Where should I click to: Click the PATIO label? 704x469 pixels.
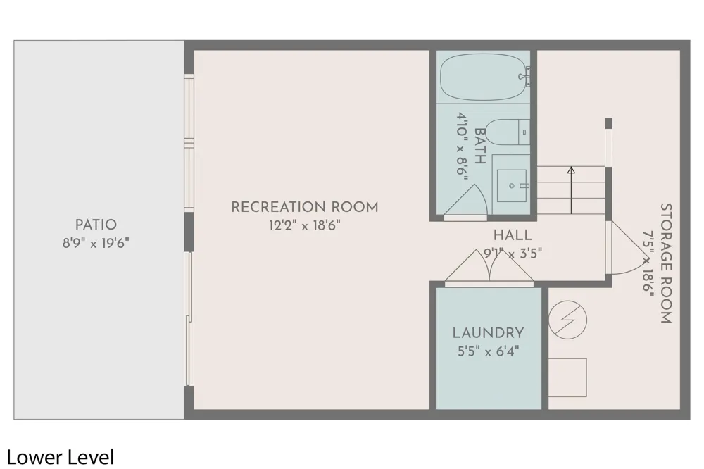(x=96, y=225)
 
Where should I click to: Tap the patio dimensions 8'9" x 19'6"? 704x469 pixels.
(x=96, y=244)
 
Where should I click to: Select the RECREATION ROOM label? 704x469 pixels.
(x=304, y=207)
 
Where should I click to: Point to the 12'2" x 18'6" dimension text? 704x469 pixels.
(x=304, y=225)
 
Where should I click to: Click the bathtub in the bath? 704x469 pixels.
(x=483, y=77)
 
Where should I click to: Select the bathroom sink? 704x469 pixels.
(x=511, y=185)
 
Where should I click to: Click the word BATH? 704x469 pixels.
(x=480, y=146)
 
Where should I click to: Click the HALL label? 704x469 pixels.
(x=513, y=235)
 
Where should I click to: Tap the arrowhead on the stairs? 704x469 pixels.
(x=571, y=170)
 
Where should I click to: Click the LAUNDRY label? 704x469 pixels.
(x=488, y=333)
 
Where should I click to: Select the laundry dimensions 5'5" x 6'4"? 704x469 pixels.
(x=488, y=351)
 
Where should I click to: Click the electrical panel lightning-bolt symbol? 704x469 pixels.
(x=567, y=320)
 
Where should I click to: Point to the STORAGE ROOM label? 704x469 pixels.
(x=665, y=263)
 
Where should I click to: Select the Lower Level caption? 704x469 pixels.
(x=60, y=457)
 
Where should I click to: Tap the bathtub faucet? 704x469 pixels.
(x=525, y=76)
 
